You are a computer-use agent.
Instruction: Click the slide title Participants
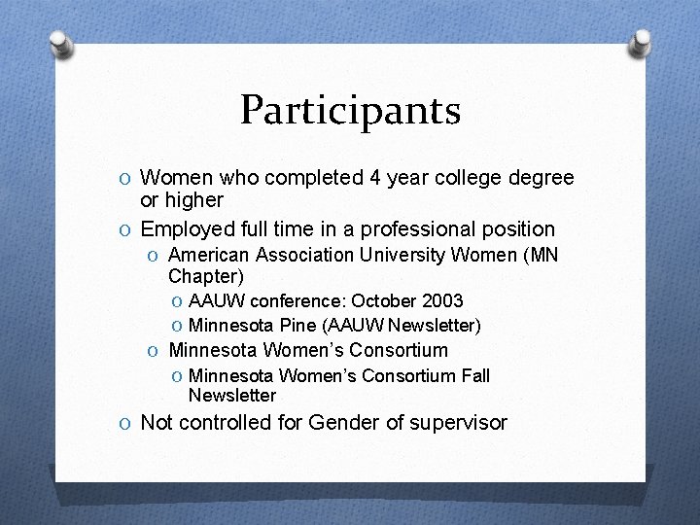tap(350, 111)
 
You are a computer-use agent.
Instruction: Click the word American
tap(209, 256)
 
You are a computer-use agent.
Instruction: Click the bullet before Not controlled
tap(128, 423)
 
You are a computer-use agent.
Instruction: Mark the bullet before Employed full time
tap(128, 229)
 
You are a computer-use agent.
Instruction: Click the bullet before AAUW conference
tap(177, 301)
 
